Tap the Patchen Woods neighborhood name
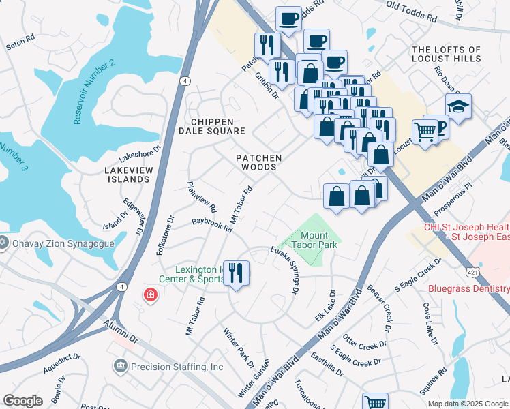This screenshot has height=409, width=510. (x=258, y=163)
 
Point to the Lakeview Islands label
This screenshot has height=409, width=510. (x=127, y=174)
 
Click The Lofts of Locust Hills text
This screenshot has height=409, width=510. (x=447, y=55)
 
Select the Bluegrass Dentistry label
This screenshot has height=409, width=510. (x=468, y=288)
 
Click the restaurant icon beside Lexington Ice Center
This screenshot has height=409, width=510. (x=237, y=273)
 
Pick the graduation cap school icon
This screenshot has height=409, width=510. (x=458, y=106)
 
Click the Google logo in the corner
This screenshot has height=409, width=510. (x=22, y=401)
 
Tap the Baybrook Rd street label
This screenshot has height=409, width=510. (x=212, y=225)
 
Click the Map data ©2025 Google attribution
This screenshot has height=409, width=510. (x=467, y=404)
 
